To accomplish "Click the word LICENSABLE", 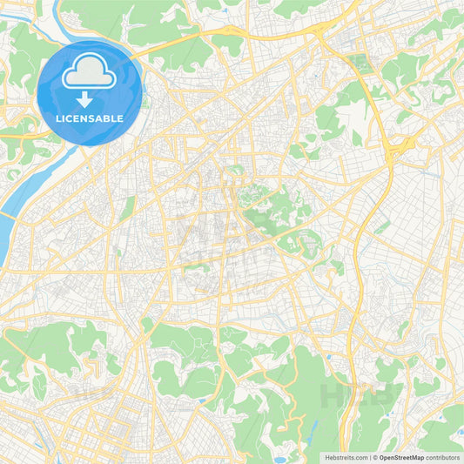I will point(90,118).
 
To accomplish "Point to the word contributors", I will point(442,457).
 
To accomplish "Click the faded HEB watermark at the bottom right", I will point(361,396).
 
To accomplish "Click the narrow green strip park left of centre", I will point(129,207).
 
